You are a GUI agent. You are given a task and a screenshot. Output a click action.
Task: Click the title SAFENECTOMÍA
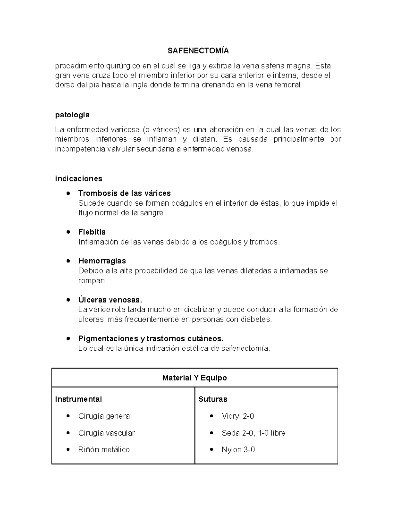pyautogui.click(x=198, y=51)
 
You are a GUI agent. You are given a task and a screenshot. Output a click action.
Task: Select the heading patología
pyautogui.click(x=72, y=115)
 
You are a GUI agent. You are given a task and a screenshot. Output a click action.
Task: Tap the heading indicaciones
pyautogui.click(x=78, y=179)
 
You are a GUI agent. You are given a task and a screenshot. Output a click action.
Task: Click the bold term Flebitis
pyautogui.click(x=92, y=232)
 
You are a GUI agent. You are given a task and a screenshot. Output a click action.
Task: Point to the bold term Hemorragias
pyautogui.click(x=102, y=261)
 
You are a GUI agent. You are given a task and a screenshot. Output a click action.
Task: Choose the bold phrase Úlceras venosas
pyautogui.click(x=110, y=300)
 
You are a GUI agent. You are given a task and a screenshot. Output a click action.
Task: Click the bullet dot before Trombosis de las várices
pyautogui.click(x=68, y=193)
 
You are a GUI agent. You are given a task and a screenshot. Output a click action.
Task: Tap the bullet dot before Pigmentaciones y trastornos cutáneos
pyautogui.click(x=68, y=339)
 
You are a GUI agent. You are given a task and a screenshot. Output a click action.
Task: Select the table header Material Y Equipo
pyautogui.click(x=195, y=378)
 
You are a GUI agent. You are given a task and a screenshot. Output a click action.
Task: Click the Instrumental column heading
pyautogui.click(x=78, y=399)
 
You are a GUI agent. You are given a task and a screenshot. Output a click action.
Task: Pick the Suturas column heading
pyautogui.click(x=213, y=399)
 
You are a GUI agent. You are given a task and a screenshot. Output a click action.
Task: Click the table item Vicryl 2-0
pyautogui.click(x=238, y=416)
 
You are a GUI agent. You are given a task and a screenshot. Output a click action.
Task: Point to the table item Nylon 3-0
pyautogui.click(x=238, y=450)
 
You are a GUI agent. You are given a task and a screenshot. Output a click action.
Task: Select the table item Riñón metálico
pyautogui.click(x=104, y=450)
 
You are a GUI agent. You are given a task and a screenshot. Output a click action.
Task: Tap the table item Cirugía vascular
pyautogui.click(x=107, y=433)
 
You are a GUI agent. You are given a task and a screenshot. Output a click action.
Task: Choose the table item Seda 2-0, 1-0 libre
pyautogui.click(x=253, y=433)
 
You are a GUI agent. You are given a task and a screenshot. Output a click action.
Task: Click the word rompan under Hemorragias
pyautogui.click(x=91, y=281)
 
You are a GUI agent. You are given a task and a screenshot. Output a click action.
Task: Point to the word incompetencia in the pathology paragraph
pyautogui.click(x=80, y=149)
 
